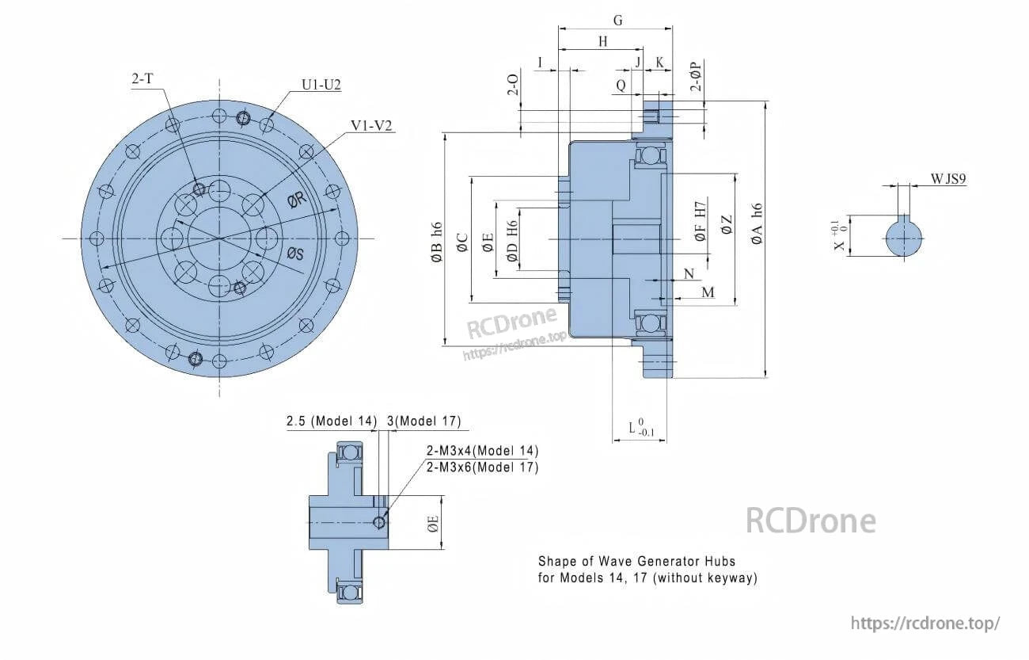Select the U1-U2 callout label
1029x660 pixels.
(x=321, y=85)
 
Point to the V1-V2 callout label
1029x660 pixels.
(x=372, y=126)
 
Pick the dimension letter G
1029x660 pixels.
(x=617, y=21)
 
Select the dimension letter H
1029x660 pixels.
(x=602, y=42)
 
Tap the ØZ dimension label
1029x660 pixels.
(x=727, y=225)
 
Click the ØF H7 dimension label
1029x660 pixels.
(x=700, y=220)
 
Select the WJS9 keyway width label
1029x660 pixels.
(x=948, y=180)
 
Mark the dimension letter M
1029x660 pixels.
(x=707, y=293)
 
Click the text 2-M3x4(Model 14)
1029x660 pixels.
(x=482, y=451)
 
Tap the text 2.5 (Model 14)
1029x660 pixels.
(x=331, y=422)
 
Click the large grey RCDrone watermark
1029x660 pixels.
(x=811, y=521)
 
